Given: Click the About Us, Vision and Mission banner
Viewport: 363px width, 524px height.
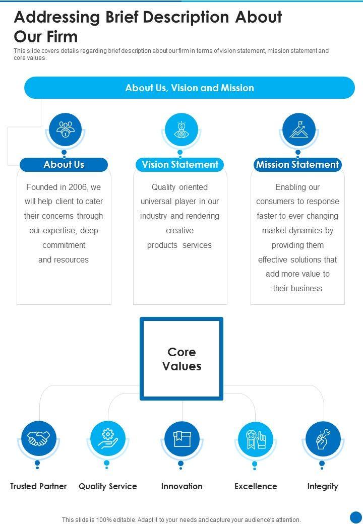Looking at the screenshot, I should [x=190, y=88].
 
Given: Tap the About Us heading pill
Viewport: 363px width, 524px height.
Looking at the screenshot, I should [x=64, y=165].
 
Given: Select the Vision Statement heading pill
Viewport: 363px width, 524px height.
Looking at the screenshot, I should [x=180, y=165].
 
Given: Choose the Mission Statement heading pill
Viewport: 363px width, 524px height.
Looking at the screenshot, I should [x=297, y=165].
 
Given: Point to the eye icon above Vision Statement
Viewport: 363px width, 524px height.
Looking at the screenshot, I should [x=181, y=129].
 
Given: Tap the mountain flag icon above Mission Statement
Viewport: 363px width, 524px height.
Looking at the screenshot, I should [x=298, y=129].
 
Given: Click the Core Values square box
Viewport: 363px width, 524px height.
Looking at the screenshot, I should [x=181, y=359].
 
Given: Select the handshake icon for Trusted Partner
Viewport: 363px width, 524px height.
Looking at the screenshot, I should [x=39, y=438].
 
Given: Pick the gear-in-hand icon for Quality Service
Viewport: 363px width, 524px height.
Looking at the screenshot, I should [x=107, y=438].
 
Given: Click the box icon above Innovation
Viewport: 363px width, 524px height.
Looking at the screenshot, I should [x=181, y=438].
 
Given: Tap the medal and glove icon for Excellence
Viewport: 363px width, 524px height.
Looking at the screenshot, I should [x=256, y=438].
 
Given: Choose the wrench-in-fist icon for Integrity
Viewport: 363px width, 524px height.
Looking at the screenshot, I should [x=323, y=438].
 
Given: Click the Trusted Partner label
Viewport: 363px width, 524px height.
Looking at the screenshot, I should [x=38, y=486].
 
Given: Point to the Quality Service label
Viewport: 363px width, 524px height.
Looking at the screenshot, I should [x=108, y=486].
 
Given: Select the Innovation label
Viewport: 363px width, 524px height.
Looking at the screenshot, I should [x=181, y=486].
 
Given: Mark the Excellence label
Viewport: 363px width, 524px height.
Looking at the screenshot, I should [x=256, y=486].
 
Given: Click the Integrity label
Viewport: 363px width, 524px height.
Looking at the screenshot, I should [x=323, y=486].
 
